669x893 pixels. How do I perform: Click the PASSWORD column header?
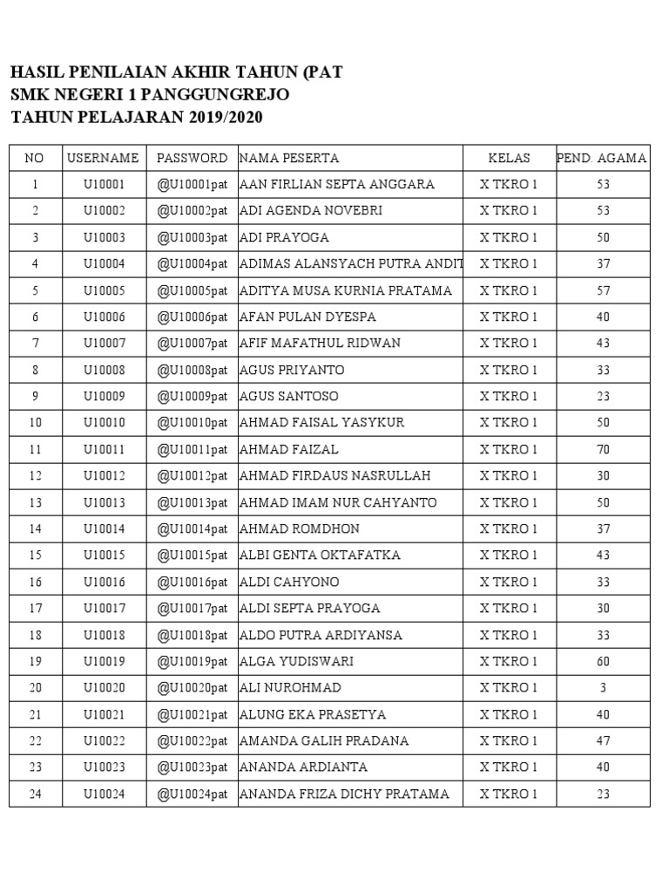tap(192, 158)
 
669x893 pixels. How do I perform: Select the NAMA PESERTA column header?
tap(289, 158)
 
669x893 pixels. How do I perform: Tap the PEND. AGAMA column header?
tap(602, 158)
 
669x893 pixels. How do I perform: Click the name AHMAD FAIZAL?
tap(289, 449)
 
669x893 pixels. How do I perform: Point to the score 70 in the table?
tap(602, 449)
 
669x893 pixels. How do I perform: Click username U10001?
tap(104, 185)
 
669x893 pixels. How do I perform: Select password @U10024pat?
tap(192, 794)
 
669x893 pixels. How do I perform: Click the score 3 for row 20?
tap(602, 687)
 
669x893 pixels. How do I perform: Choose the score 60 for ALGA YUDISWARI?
tap(602, 661)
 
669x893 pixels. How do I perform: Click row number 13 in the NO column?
tap(35, 502)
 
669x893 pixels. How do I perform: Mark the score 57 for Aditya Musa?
tap(602, 290)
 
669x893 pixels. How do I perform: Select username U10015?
tap(104, 556)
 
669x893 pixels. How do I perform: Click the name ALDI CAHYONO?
tap(290, 582)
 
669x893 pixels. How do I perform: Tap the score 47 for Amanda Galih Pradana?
tap(602, 740)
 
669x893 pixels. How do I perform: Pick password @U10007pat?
tap(192, 343)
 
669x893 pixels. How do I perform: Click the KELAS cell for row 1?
tap(510, 185)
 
